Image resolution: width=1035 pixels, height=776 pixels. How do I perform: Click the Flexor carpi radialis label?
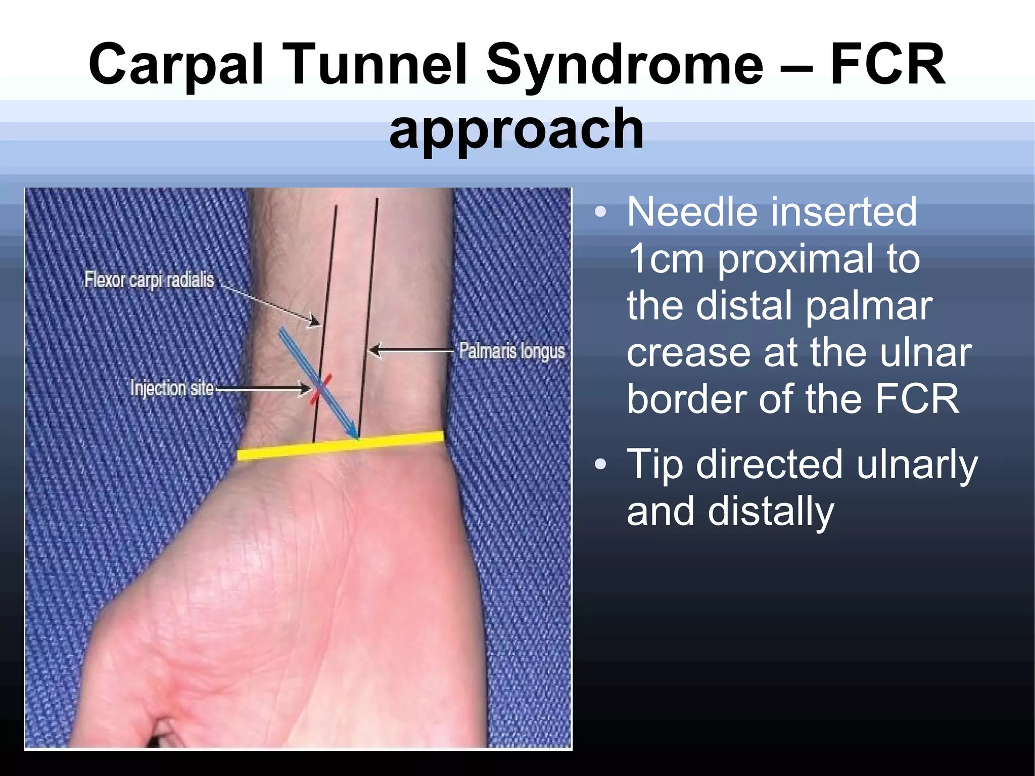point(149,280)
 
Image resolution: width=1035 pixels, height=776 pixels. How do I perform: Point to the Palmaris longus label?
point(511,351)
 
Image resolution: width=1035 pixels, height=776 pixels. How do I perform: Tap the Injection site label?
point(172,388)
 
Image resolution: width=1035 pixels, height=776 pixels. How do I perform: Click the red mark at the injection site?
point(320,389)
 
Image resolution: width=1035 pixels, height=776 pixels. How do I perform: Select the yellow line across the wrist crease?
point(340,446)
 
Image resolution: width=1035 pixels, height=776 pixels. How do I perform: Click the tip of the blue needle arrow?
point(357,437)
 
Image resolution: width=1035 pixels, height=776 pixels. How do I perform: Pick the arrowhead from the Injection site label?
point(306,389)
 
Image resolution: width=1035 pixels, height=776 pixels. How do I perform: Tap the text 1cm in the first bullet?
point(665,259)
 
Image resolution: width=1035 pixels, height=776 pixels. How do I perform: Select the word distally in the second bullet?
point(770,511)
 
